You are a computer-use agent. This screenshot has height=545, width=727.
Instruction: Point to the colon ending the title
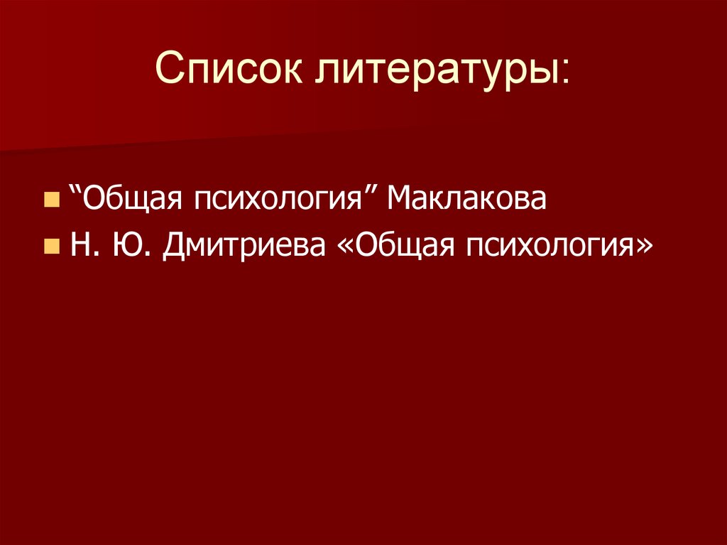click(x=564, y=74)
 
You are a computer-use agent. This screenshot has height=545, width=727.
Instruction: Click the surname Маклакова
click(x=466, y=198)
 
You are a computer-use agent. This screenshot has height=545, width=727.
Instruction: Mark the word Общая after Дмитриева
click(x=402, y=245)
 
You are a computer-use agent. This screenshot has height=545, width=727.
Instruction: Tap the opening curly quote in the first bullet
click(x=75, y=190)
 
